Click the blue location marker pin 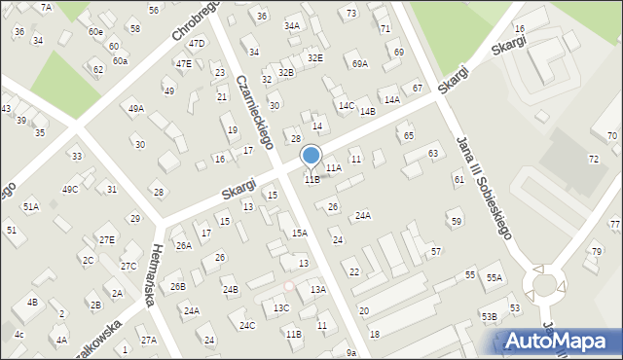311,157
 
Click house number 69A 360,64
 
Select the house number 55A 495,278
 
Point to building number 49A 135,109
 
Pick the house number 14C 347,105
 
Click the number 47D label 197,44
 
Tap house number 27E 106,239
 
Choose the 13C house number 281,308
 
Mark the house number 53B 489,316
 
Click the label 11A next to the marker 334,168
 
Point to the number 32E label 314,58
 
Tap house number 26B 177,287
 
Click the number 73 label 350,13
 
